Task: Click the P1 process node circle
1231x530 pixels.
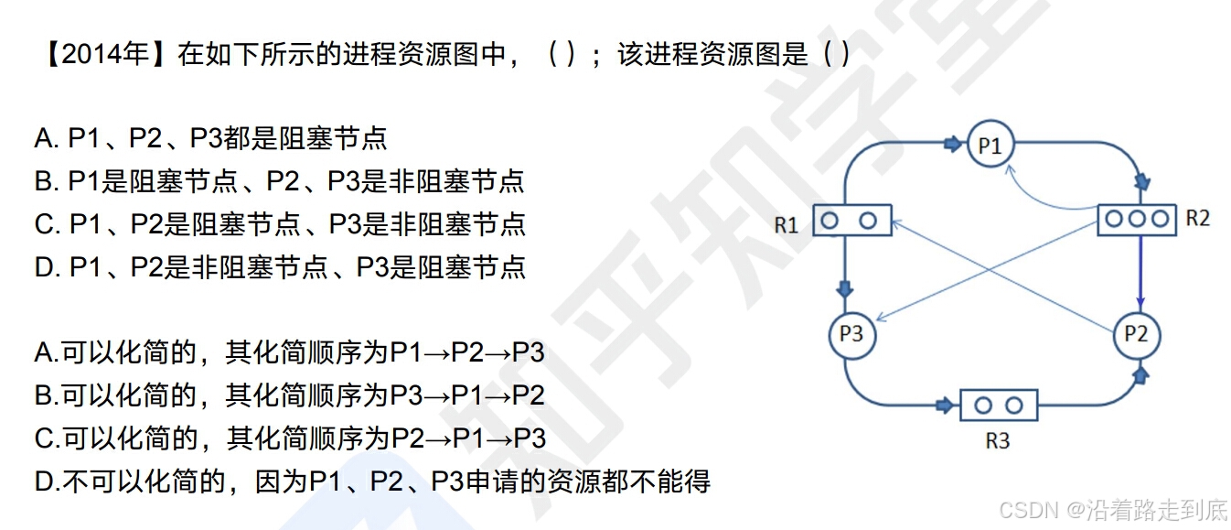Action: click(990, 145)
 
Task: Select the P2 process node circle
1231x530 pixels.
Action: click(1136, 334)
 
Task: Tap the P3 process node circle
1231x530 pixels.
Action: click(851, 334)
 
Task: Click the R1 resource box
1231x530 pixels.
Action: click(851, 221)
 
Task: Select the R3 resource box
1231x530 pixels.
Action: click(998, 405)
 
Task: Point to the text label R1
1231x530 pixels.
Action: click(787, 225)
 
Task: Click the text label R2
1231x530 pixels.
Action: click(1197, 218)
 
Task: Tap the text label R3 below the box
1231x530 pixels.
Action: click(997, 441)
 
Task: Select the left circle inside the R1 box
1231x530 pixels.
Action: click(830, 221)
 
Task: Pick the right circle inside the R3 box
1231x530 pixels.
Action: click(1013, 405)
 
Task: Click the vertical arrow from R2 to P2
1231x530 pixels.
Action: click(1140, 275)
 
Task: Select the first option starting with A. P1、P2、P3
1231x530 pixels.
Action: click(210, 138)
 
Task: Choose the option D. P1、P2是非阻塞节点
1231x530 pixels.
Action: click(279, 266)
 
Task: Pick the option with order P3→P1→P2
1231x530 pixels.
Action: click(289, 395)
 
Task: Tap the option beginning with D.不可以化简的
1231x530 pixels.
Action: click(371, 481)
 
